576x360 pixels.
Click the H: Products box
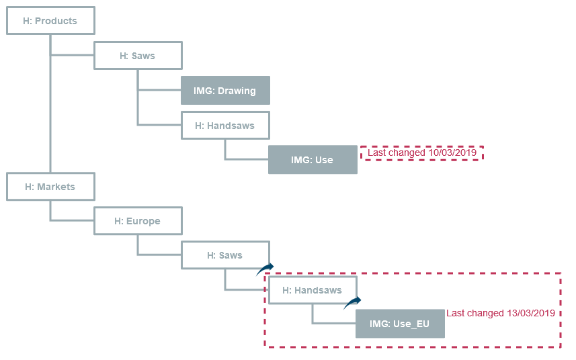click(50, 21)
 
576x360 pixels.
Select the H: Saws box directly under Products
click(138, 56)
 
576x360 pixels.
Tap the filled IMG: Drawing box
click(225, 91)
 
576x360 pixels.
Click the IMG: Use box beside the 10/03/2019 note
click(313, 160)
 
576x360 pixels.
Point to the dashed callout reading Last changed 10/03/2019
click(422, 153)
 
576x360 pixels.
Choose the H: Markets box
click(50, 187)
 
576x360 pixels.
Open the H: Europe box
click(138, 221)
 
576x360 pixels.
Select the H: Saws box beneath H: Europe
click(225, 255)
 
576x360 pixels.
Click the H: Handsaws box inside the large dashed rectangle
click(312, 291)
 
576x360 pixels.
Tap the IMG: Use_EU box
click(400, 324)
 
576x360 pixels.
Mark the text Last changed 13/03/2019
click(501, 313)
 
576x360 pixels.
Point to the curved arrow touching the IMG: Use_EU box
click(352, 304)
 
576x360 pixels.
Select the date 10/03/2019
click(452, 153)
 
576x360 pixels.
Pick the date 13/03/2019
click(530, 313)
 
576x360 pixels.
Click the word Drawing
click(237, 91)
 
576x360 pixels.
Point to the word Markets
click(58, 187)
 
